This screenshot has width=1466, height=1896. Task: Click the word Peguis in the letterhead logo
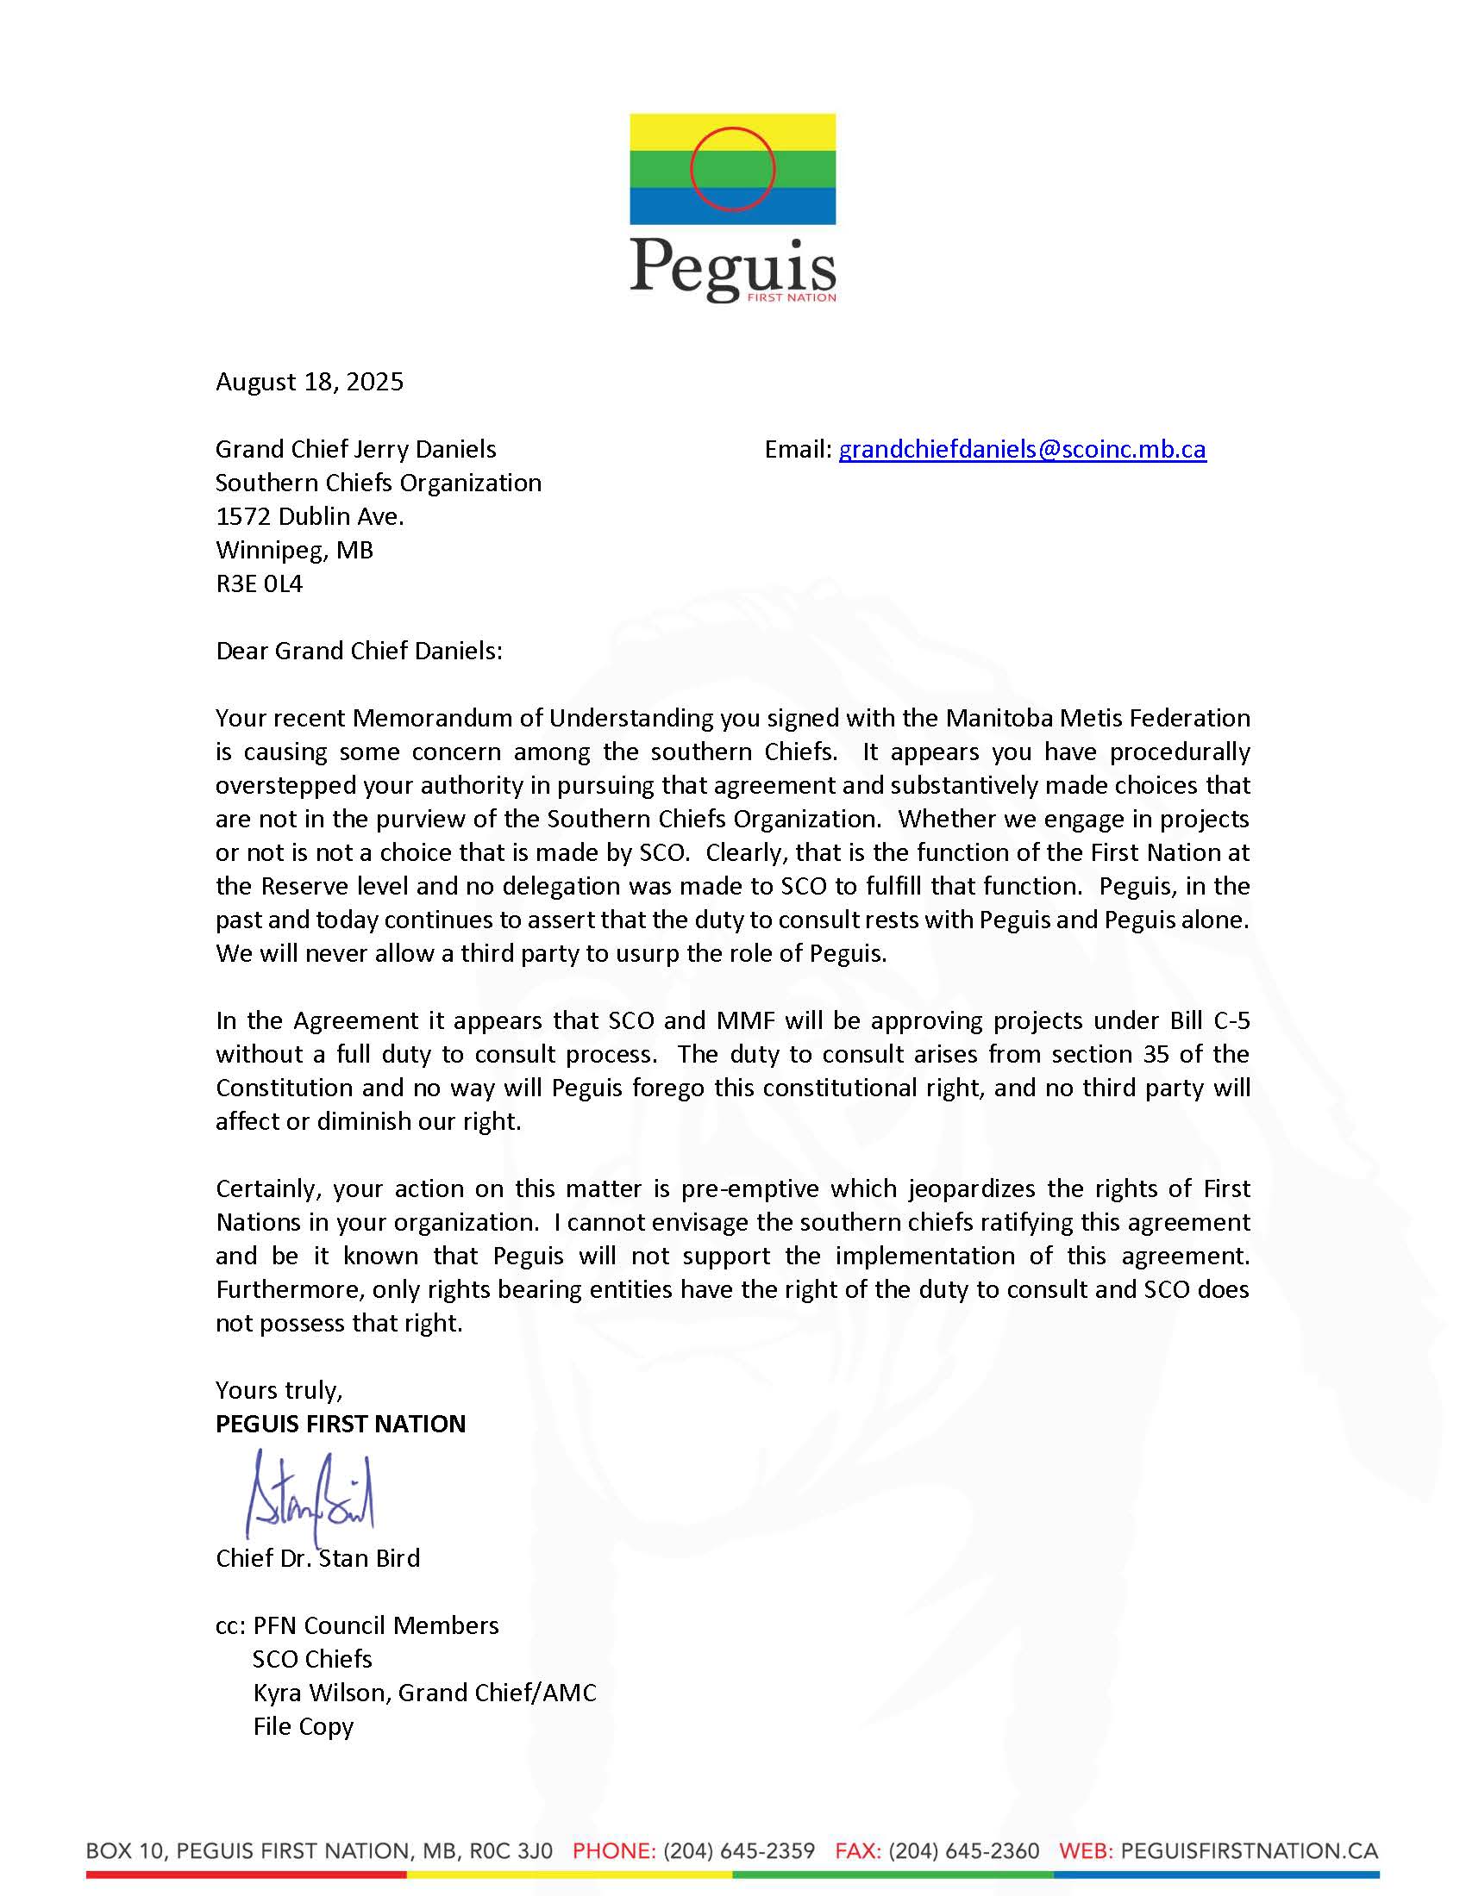(732, 265)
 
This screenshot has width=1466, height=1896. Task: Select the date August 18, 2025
(310, 382)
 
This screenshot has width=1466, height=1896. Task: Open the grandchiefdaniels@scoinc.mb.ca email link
(1021, 449)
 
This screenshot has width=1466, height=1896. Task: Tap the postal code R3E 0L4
(259, 583)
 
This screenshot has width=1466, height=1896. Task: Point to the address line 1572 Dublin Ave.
(310, 516)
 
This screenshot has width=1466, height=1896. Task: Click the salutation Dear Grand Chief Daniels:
(359, 651)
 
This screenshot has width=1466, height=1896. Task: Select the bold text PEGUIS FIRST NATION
(341, 1424)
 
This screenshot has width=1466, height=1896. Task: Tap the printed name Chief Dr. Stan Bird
(317, 1558)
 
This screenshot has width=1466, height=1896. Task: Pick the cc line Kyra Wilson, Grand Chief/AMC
(423, 1693)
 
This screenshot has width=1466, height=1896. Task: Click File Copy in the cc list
(303, 1726)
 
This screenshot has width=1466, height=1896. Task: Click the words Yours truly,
(279, 1390)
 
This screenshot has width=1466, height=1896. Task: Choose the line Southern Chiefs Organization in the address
(378, 483)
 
